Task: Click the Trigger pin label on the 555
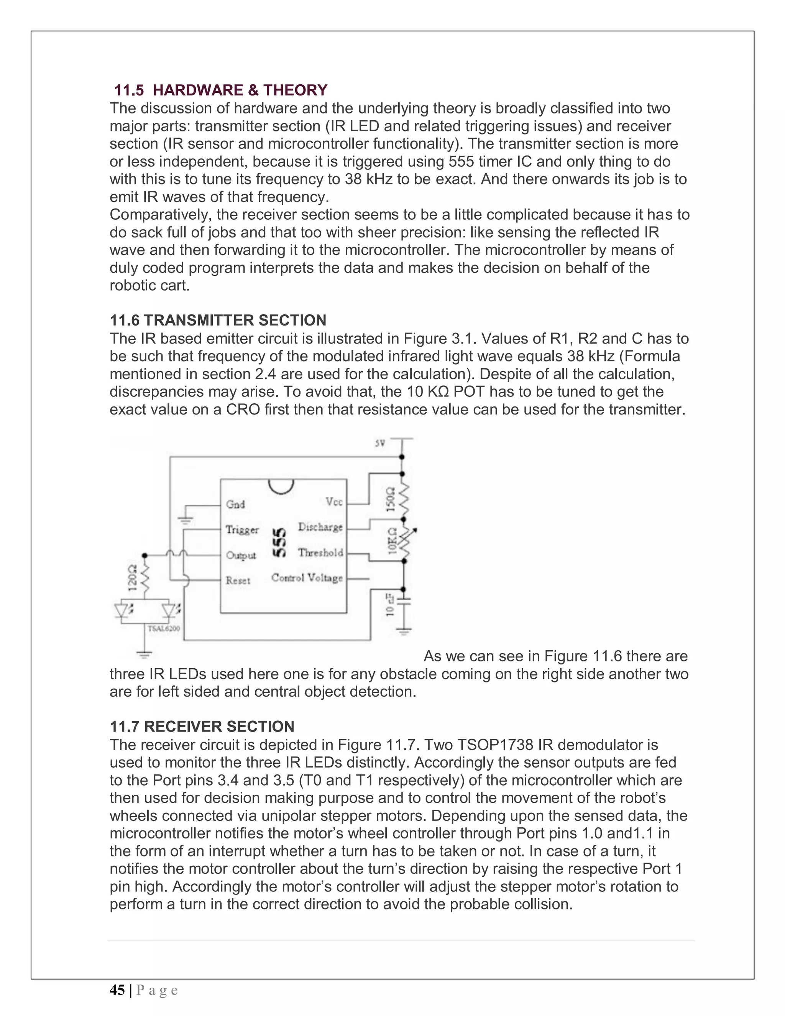[242, 530]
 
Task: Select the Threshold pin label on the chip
[320, 552]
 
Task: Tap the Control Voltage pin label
[307, 578]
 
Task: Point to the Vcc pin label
[334, 501]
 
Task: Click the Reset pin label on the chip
[238, 580]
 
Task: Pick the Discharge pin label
[320, 527]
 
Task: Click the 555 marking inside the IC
[279, 543]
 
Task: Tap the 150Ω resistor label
[391, 499]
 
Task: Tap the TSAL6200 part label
[164, 628]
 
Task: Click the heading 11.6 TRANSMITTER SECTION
[218, 321]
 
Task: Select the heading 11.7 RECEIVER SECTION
[202, 727]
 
